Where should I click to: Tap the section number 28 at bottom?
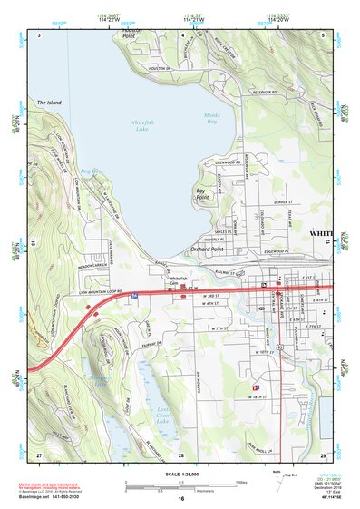tap(181, 455)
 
